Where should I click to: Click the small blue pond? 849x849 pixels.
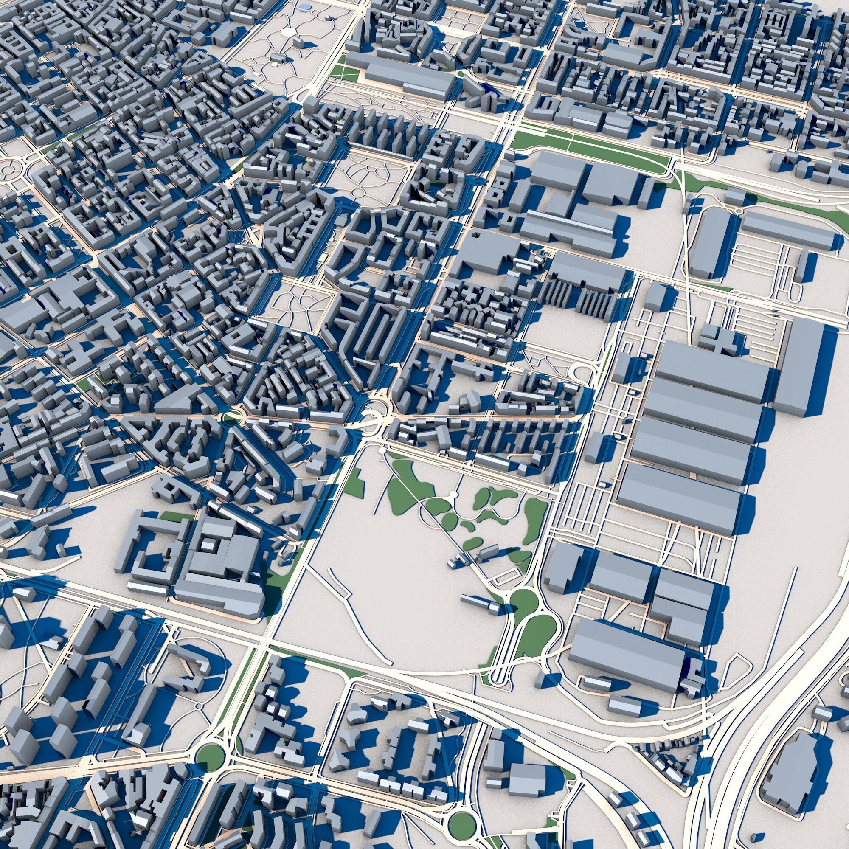pos(304,8)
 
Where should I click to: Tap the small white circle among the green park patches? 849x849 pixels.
pos(453,496)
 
